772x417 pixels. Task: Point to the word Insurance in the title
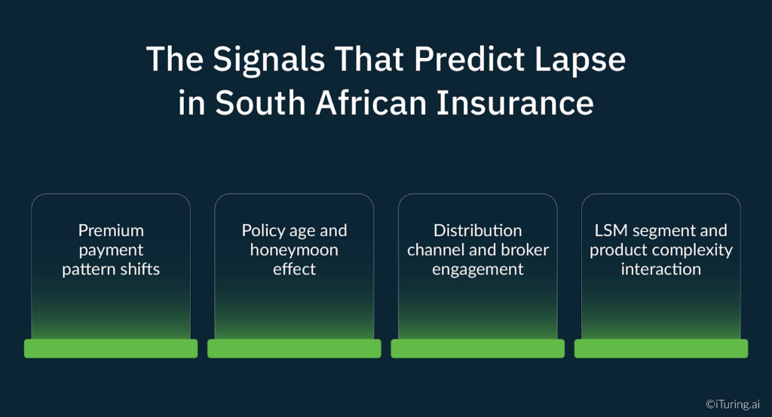tap(525, 102)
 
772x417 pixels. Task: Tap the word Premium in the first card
tap(111, 230)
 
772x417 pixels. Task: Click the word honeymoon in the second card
tap(294, 250)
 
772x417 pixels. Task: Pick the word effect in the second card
tap(294, 269)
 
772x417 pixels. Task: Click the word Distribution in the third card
tap(477, 230)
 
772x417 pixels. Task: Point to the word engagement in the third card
tap(477, 269)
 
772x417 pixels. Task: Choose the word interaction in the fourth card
tap(660, 269)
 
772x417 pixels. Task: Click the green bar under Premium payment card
tap(111, 349)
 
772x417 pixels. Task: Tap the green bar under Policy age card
tap(294, 349)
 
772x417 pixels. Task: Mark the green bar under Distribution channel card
tap(477, 349)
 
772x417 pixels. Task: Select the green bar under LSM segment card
tap(660, 349)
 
